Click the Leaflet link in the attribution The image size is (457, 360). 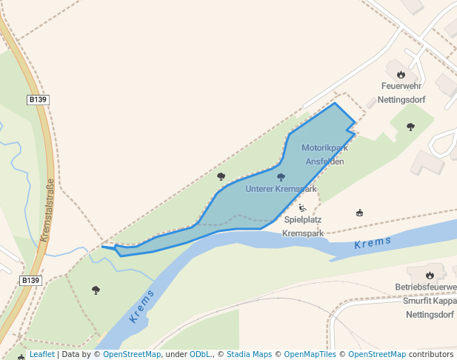click(x=41, y=354)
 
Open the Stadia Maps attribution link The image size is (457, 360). click(x=249, y=354)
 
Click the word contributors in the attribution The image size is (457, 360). click(x=431, y=354)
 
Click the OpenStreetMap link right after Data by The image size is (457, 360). click(x=131, y=354)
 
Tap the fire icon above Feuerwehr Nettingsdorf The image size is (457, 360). click(x=401, y=74)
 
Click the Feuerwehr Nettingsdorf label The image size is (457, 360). click(x=401, y=92)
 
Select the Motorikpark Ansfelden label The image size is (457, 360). click(x=324, y=154)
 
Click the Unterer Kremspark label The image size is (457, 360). click(x=281, y=189)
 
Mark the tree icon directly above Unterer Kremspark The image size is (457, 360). click(x=281, y=177)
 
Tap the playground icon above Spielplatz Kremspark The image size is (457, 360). click(x=303, y=208)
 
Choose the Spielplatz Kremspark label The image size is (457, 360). click(x=304, y=226)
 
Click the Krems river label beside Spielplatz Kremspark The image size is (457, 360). click(x=372, y=244)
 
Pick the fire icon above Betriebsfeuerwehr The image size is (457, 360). click(x=430, y=275)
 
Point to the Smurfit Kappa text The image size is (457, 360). click(x=430, y=301)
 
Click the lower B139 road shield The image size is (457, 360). click(x=30, y=281)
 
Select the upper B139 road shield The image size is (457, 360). click(x=38, y=99)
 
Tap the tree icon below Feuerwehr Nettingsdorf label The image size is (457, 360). click(x=410, y=127)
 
